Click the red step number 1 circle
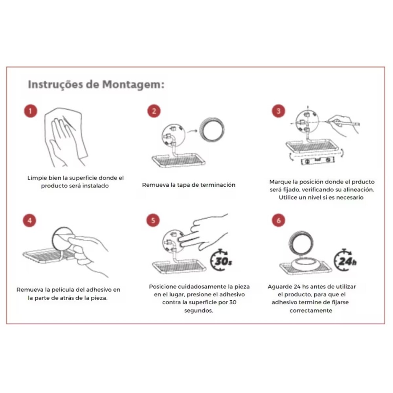[30, 111]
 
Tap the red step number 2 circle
[154, 111]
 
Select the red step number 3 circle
[278, 111]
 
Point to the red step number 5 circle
[153, 220]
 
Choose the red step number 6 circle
[278, 220]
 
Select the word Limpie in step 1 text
[36, 178]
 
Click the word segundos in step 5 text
[198, 310]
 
